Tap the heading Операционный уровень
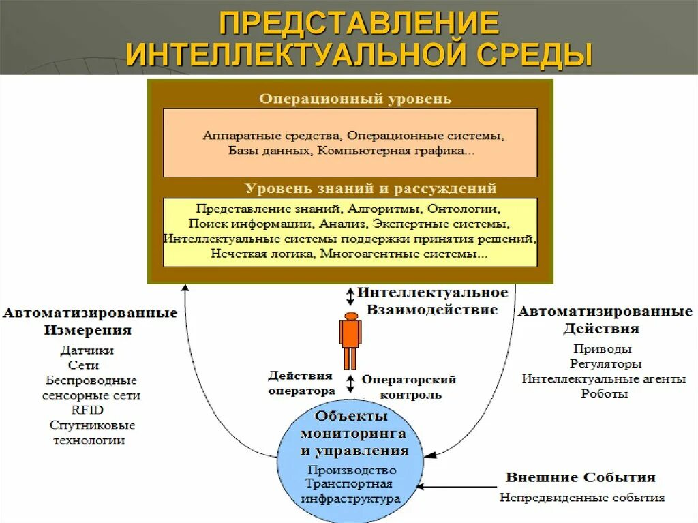pos(354,99)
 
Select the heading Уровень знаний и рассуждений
pos(371,188)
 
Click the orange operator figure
pos(350,340)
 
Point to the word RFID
pos(88,410)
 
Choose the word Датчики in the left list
pos(87,350)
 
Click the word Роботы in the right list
pos(605,393)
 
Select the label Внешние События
pos(580,477)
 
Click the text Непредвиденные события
pos(581,497)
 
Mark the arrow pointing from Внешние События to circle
pos(457,487)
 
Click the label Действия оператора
pos(301,383)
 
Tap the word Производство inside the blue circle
pos(352,470)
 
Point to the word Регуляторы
pos(605,363)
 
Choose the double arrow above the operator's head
pos(350,296)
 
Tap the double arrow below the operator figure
pos(350,383)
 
